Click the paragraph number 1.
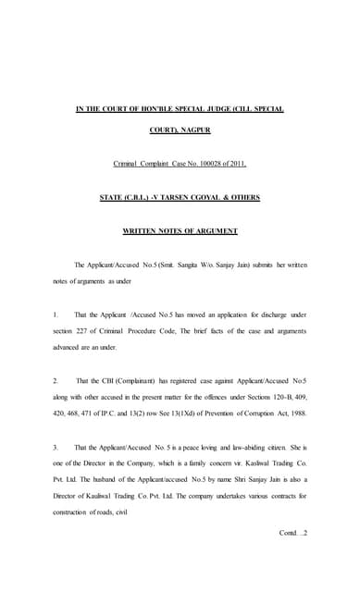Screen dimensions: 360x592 56,314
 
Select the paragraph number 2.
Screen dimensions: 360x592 56,380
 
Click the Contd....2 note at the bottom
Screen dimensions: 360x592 293,533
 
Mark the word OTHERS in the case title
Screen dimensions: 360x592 239,197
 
